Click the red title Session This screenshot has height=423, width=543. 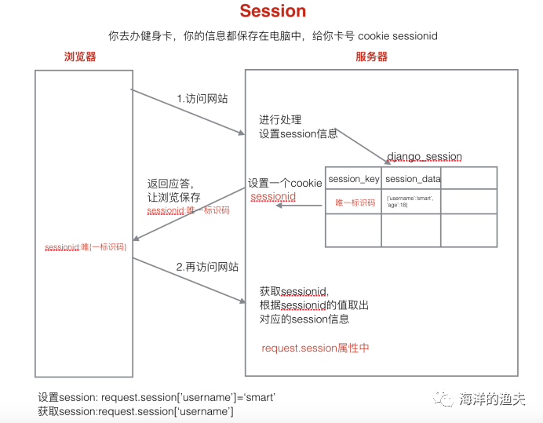(x=273, y=11)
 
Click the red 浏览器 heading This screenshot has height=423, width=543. (x=80, y=57)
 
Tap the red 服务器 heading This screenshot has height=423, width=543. (x=371, y=57)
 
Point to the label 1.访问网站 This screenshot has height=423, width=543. (x=202, y=99)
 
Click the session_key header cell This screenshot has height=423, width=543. (x=353, y=179)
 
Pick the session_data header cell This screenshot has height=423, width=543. (x=413, y=179)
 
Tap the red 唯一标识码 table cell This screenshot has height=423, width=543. (x=353, y=202)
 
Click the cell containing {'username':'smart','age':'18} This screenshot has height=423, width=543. (x=411, y=202)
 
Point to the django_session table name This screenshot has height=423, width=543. (x=425, y=157)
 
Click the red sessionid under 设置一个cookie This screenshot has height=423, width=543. (x=273, y=197)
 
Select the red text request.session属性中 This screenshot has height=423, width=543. (x=315, y=348)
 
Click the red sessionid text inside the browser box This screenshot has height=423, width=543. (x=86, y=247)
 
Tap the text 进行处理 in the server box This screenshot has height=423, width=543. (x=280, y=120)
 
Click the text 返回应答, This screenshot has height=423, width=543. (x=169, y=184)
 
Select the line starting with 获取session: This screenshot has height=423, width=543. (x=136, y=410)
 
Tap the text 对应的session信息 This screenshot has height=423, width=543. (x=304, y=319)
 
